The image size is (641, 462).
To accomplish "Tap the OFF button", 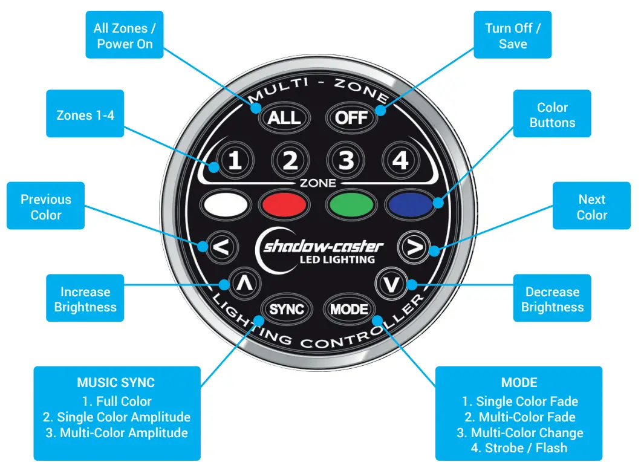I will pyautogui.click(x=351, y=117).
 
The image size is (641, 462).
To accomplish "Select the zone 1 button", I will pyautogui.click(x=235, y=160).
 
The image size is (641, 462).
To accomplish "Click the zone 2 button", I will pyautogui.click(x=291, y=160).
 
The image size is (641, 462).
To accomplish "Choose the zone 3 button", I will pyautogui.click(x=346, y=160).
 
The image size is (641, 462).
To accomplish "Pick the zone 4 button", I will pyautogui.click(x=400, y=160).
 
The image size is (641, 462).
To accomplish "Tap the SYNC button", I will pyautogui.click(x=287, y=310).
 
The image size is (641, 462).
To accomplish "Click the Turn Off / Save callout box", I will pyautogui.click(x=512, y=35).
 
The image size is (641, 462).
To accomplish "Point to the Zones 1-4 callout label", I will pyautogui.click(x=85, y=115).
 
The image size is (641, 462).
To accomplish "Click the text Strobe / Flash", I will pyautogui.click(x=519, y=448).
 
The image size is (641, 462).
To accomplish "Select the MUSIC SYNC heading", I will pyautogui.click(x=116, y=383).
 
